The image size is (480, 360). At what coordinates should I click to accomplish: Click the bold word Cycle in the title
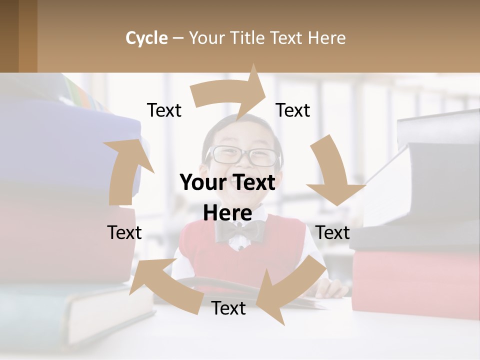(146, 38)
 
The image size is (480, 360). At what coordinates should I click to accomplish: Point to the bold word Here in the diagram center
(227, 213)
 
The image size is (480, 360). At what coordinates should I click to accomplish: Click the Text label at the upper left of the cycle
(164, 110)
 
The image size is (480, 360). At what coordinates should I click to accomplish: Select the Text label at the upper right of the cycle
(293, 110)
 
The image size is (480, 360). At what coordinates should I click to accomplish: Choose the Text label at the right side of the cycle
(332, 232)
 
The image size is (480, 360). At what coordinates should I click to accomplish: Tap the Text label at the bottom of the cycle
(228, 308)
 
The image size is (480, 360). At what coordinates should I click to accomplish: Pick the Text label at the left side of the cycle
(124, 232)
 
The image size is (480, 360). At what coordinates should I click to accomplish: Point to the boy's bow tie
(240, 230)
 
